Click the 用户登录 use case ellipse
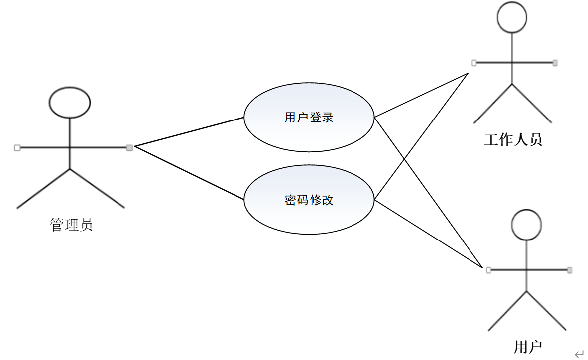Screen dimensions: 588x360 [309, 118]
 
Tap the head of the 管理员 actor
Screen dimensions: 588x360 [70, 102]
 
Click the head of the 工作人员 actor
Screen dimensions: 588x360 [512, 17]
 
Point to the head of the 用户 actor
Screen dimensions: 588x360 [526, 225]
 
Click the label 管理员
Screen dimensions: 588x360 [71, 225]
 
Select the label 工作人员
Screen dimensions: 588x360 [513, 139]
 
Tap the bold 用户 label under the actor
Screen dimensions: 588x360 [528, 347]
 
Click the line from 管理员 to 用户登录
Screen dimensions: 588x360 [189, 132]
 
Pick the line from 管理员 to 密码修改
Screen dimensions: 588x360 [189, 173]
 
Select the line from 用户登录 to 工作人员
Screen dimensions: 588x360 [421, 96]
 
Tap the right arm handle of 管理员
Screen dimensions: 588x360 [129, 147]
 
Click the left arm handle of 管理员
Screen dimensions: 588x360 [17, 147]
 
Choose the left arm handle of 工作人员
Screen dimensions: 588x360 [474, 63]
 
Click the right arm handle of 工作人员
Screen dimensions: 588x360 [555, 63]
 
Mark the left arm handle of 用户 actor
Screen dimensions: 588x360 [488, 270]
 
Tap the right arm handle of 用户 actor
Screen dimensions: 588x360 [570, 270]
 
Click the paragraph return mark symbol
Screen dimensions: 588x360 [578, 354]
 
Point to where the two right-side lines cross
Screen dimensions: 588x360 [405, 158]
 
